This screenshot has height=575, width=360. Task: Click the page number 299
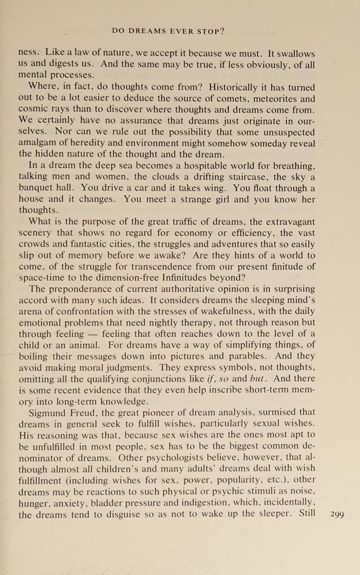pyautogui.click(x=337, y=515)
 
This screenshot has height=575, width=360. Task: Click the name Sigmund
pyautogui.click(x=47, y=413)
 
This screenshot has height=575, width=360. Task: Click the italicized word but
pyautogui.click(x=258, y=379)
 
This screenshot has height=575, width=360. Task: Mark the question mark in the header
pyautogui.click(x=223, y=31)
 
